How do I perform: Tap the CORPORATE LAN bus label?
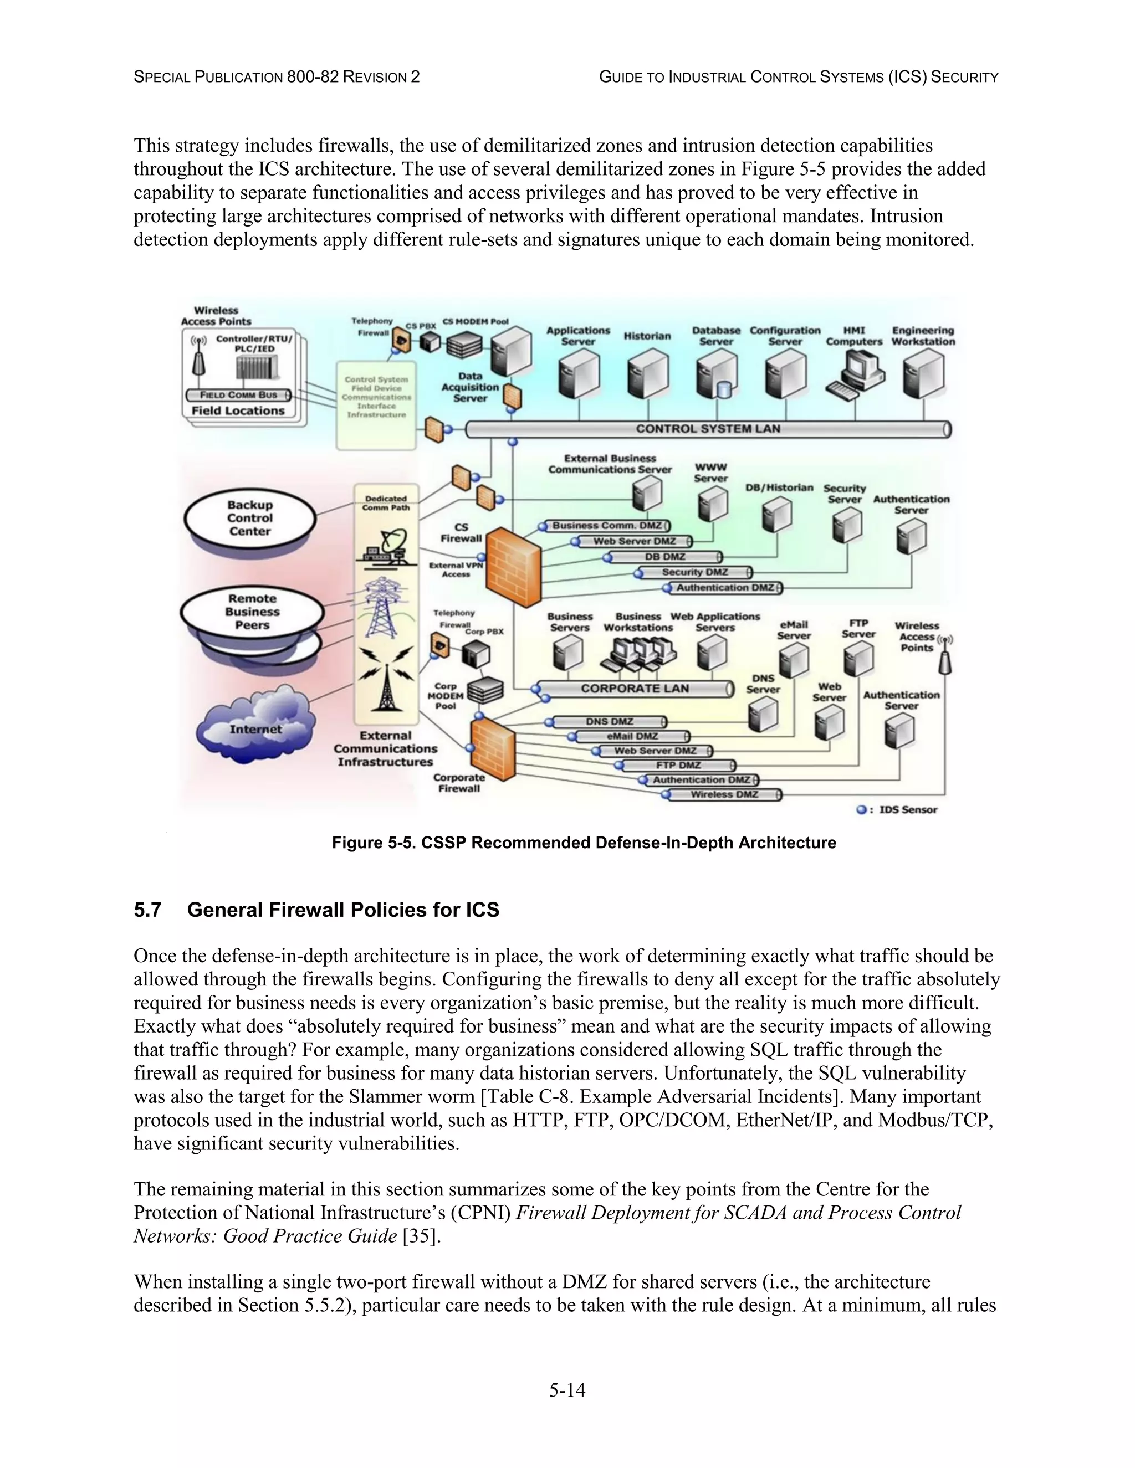pos(635,688)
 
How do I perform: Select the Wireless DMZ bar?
pos(724,794)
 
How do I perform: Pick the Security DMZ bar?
pos(694,572)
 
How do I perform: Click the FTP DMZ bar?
pos(678,765)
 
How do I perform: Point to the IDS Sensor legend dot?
pos(861,810)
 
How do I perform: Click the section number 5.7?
pos(147,910)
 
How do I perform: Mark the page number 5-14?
pos(567,1389)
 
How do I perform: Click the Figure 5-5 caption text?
pos(584,843)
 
